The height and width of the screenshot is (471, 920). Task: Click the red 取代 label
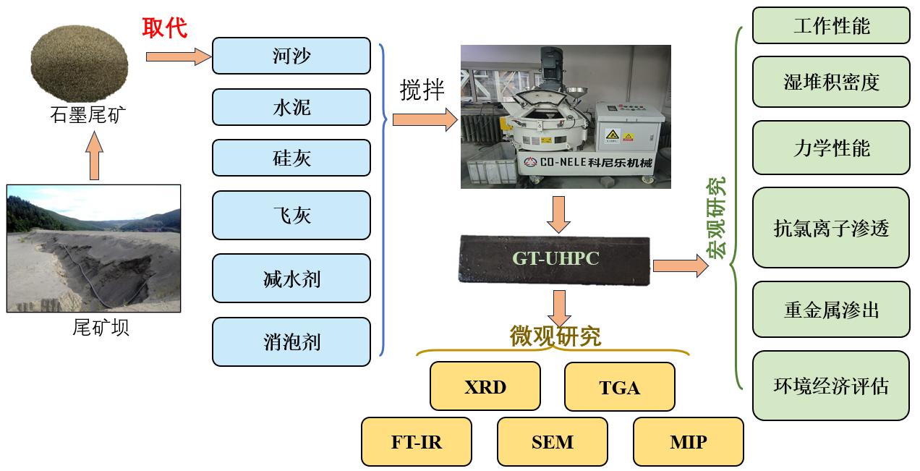pyautogui.click(x=165, y=28)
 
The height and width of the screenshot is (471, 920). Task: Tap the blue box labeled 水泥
pyautogui.click(x=291, y=107)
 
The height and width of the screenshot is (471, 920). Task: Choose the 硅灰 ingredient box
pyautogui.click(x=291, y=158)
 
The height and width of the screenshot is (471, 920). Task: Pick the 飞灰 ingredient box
pyautogui.click(x=291, y=215)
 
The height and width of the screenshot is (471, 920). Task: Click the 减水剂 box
pyautogui.click(x=291, y=278)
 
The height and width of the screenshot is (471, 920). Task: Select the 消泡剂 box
pyautogui.click(x=291, y=341)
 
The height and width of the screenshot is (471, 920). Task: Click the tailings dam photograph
pyautogui.click(x=93, y=248)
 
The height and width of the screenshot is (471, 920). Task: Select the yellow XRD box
pyautogui.click(x=485, y=386)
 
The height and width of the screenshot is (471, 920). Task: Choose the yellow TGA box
pyautogui.click(x=619, y=387)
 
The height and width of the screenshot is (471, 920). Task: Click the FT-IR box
pyautogui.click(x=416, y=441)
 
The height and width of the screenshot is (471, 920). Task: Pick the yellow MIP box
pyautogui.click(x=688, y=441)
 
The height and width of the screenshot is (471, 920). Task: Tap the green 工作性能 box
pyautogui.click(x=831, y=26)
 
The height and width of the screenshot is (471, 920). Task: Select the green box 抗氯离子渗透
pyautogui.click(x=831, y=228)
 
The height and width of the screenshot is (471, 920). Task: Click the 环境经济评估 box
pyautogui.click(x=831, y=386)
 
